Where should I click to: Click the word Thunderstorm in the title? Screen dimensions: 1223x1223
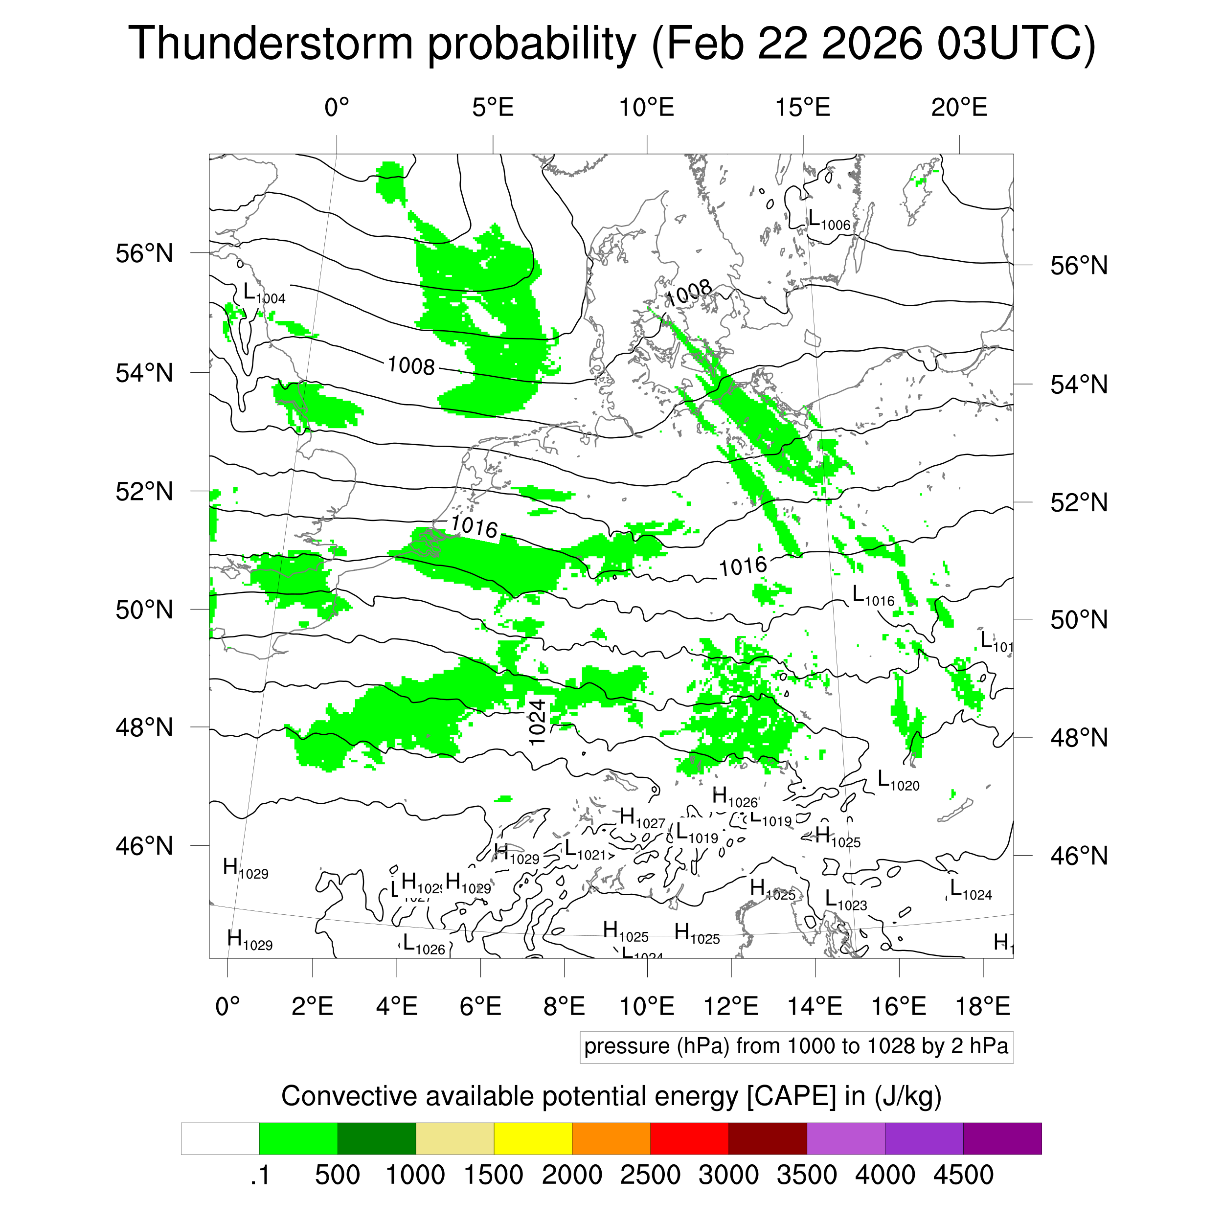[x=271, y=43]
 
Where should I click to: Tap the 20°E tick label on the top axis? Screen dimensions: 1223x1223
[x=958, y=108]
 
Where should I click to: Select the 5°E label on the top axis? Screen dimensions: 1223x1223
[x=493, y=108]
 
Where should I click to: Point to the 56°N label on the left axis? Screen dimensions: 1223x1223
[x=144, y=253]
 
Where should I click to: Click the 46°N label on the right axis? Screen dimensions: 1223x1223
[x=1079, y=856]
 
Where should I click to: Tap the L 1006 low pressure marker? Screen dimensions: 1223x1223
[x=829, y=220]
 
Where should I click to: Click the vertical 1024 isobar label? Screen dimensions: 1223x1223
[x=537, y=722]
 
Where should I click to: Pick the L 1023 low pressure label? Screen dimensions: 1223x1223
[x=845, y=900]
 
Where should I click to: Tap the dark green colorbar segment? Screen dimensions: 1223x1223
[x=376, y=1138]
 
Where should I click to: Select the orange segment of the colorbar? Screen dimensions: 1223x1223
[x=611, y=1138]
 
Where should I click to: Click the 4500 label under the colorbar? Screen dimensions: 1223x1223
[x=963, y=1176]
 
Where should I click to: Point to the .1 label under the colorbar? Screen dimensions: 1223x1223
[x=260, y=1176]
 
